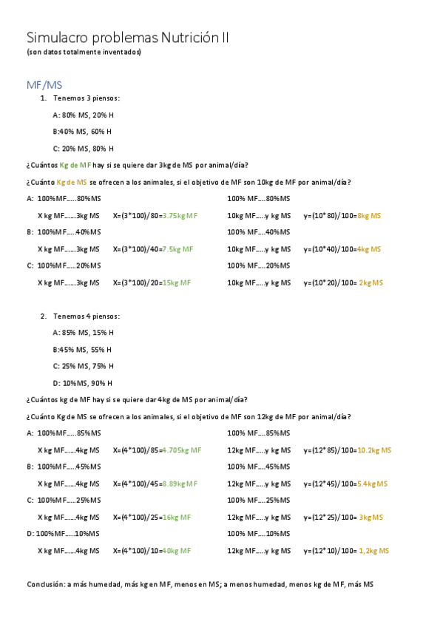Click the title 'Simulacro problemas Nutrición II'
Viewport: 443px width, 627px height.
pyautogui.click(x=128, y=38)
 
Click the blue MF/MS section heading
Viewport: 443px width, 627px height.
pyautogui.click(x=44, y=85)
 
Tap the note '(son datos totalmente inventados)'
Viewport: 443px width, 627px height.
pyautogui.click(x=84, y=52)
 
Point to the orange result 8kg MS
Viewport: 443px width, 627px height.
pyautogui.click(x=369, y=215)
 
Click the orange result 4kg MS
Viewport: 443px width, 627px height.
pyautogui.click(x=369, y=249)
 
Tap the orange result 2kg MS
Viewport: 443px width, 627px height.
pyautogui.click(x=371, y=282)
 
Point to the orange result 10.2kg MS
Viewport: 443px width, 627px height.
pyautogui.click(x=374, y=450)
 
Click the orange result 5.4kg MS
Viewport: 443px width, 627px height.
pyautogui.click(x=373, y=484)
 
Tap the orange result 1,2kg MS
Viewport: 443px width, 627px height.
pyautogui.click(x=373, y=551)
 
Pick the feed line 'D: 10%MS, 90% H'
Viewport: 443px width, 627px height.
pyautogui.click(x=83, y=383)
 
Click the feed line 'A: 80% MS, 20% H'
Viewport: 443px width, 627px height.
pyautogui.click(x=84, y=115)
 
